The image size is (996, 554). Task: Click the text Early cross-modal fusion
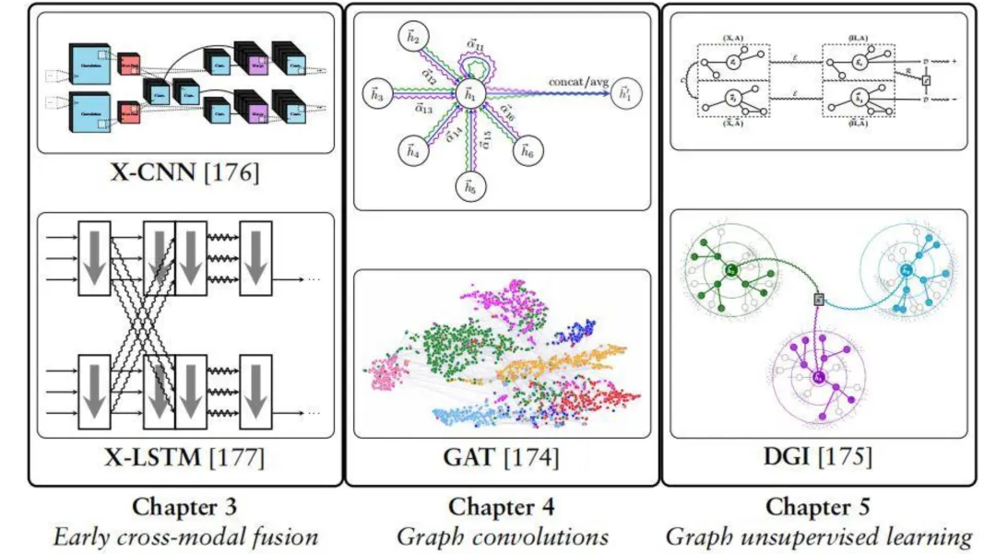coord(184,536)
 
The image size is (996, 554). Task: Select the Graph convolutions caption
coord(503,536)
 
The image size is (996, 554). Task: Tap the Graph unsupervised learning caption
coord(818,536)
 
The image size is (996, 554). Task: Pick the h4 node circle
coord(410,152)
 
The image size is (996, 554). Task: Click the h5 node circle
coord(468,188)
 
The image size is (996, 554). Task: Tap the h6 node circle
coord(526,152)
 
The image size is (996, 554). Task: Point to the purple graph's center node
coord(818,378)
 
